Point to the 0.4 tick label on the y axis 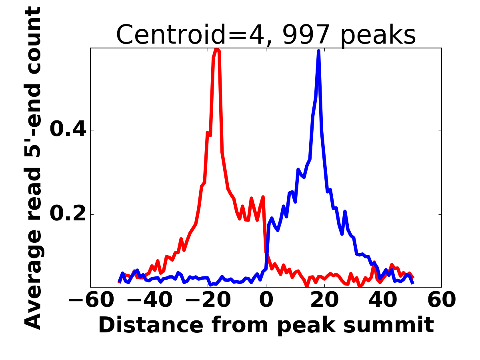coord(67,130)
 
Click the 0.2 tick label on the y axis coord(67,214)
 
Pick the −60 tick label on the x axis coord(91,301)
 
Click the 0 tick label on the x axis coord(266,301)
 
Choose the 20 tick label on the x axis coord(324,301)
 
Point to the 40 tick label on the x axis coord(383,301)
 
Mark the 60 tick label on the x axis coord(441,301)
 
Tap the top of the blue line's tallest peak coord(318,51)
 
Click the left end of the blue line coord(120,282)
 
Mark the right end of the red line coord(413,277)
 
